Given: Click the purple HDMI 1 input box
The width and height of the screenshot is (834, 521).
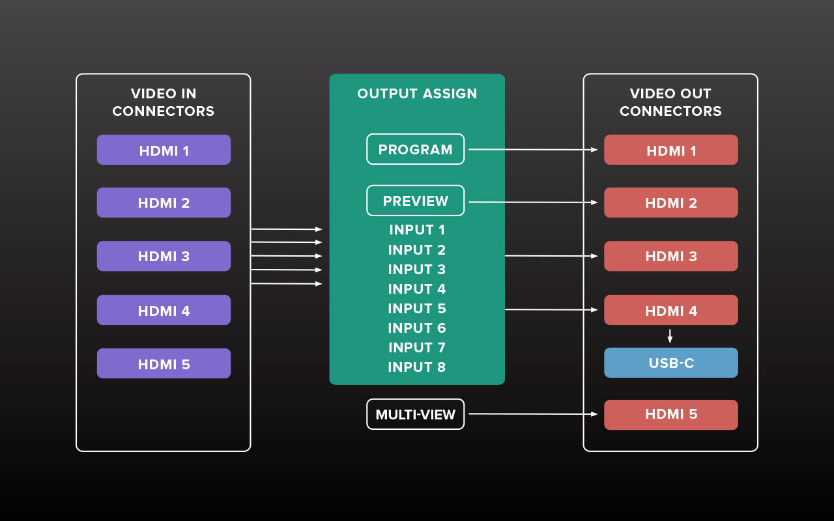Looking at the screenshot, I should pos(164,150).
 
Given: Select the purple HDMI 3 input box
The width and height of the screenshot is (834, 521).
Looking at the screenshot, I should pos(164,256).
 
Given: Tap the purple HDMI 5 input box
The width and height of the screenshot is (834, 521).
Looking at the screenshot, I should pos(164,363).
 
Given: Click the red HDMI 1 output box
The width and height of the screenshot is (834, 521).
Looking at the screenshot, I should pos(670,150).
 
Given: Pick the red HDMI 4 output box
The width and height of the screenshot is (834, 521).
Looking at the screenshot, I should pos(670,310).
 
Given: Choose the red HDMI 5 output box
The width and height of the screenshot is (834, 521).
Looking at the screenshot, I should pos(670,415).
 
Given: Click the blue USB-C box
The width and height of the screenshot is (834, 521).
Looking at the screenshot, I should pos(670,363).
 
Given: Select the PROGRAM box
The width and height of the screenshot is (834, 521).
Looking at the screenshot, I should pos(415,149).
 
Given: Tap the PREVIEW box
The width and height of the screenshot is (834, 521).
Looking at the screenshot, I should pos(415,201).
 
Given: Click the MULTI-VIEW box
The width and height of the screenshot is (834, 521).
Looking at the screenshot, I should pos(415,414).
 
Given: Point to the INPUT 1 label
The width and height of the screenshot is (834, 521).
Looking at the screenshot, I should pos(417,230).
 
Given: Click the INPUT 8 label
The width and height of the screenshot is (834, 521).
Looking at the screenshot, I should pos(417,367).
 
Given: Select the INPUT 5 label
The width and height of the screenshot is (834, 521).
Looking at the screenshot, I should pos(417,309).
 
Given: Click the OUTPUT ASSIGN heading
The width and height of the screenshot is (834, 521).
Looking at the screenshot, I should pos(417,94).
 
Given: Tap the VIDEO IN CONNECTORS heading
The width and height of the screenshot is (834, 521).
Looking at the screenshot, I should pos(163,102).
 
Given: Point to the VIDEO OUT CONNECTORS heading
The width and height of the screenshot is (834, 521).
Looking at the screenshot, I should pos(670,102).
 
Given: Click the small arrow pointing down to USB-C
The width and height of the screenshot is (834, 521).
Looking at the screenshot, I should pos(670,336).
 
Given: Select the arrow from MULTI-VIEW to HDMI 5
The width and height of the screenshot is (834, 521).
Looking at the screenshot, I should pos(533,414).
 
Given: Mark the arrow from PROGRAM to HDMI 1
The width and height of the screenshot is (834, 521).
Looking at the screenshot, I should pos(533,149).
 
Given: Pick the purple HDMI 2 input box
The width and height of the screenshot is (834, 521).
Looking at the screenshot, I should pos(164,203).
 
